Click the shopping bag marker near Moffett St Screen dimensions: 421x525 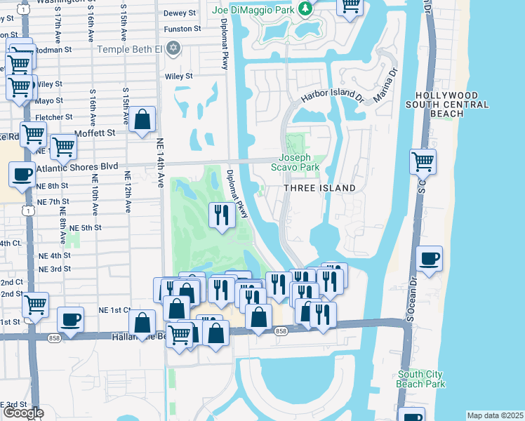pyautogui.click(x=142, y=120)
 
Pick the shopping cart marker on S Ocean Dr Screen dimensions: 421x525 pyautogui.click(x=423, y=161)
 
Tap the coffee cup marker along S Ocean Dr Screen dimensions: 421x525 pyautogui.click(x=428, y=259)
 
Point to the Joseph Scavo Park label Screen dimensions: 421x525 pyautogui.click(x=295, y=162)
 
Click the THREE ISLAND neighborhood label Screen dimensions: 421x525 pyautogui.click(x=319, y=188)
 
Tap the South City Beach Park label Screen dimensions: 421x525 pyautogui.click(x=421, y=379)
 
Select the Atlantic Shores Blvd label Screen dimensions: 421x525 pyautogui.click(x=77, y=168)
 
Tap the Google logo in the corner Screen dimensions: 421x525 pyautogui.click(x=23, y=413)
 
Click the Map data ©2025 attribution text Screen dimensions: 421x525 pyautogui.click(x=495, y=415)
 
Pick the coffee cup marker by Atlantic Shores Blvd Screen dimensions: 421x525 pyautogui.click(x=21, y=175)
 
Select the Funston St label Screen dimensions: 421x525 pyautogui.click(x=182, y=29)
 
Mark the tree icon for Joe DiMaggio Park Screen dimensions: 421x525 pyautogui.click(x=305, y=8)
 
